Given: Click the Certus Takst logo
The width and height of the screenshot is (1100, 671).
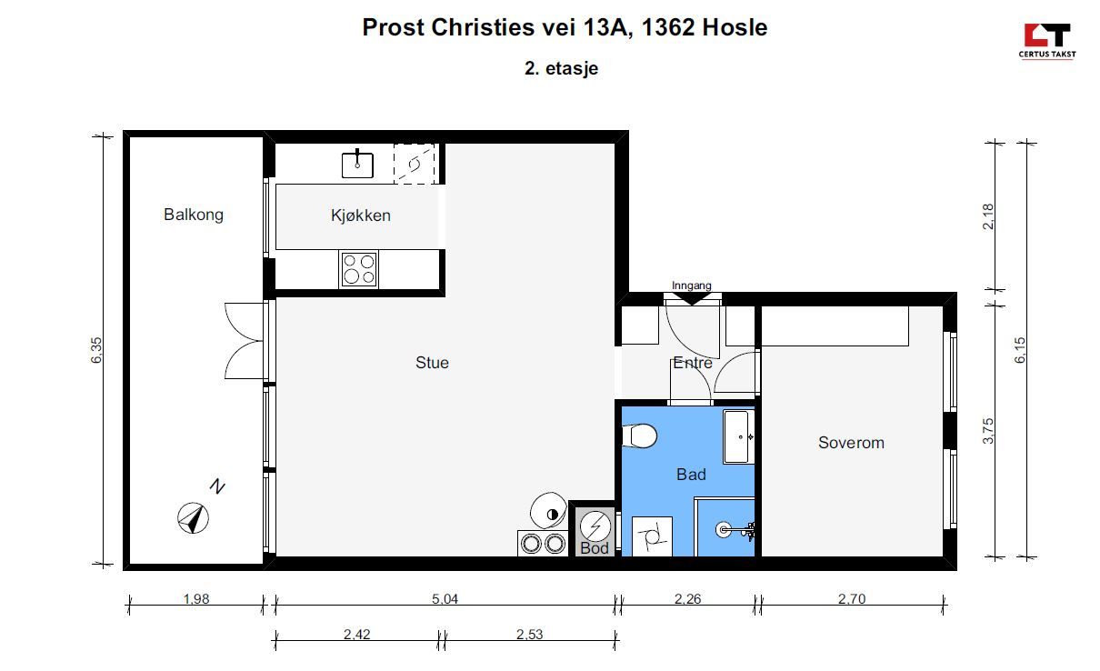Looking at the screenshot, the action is (1047, 41).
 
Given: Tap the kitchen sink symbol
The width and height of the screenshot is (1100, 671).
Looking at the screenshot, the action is (357, 164).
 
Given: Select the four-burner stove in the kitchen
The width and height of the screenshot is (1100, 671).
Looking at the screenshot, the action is (358, 269).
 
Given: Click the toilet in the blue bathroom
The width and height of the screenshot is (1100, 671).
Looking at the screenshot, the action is (639, 436).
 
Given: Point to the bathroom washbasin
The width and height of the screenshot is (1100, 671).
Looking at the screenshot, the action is (738, 436).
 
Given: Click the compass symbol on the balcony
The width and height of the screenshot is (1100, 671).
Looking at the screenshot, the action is (193, 517).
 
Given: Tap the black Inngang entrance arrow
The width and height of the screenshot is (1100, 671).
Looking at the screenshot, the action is (692, 298).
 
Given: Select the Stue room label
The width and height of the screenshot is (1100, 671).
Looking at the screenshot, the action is (432, 363).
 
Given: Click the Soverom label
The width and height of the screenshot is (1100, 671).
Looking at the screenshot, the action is (851, 443).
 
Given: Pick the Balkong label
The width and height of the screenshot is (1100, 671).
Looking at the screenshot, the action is (194, 215).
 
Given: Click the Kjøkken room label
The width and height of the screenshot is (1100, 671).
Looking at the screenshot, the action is (360, 215).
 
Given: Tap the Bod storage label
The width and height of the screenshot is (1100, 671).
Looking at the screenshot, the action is (595, 548).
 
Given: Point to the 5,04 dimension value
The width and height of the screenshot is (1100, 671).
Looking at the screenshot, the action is (445, 599).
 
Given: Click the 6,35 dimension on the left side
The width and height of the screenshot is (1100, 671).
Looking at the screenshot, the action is (96, 350).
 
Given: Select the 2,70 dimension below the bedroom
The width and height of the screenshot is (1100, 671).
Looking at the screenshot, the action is (852, 599).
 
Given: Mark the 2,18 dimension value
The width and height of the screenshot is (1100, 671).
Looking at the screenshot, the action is (988, 216).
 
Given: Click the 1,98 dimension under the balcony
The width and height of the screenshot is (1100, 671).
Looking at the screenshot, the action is (196, 599).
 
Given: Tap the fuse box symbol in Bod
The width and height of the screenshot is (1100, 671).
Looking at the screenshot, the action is (595, 526).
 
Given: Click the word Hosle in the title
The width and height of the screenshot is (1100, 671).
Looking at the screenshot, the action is (735, 27).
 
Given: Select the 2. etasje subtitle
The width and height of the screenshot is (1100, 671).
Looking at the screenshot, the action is (561, 68).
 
